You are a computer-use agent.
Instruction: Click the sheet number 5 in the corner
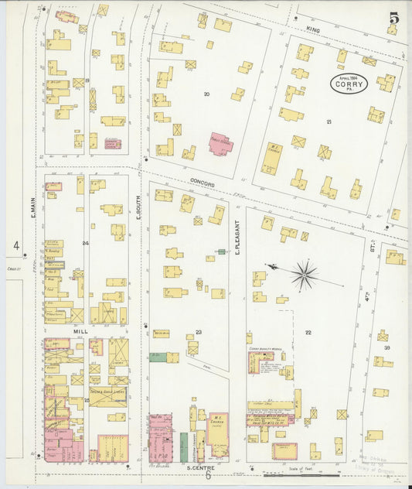(x=394, y=17)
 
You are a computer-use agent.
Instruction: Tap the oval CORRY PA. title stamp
(x=349, y=84)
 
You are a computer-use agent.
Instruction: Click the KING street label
(x=312, y=29)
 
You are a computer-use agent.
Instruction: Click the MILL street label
(x=81, y=330)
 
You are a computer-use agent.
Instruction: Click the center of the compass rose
(x=304, y=274)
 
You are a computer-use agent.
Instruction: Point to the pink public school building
(x=221, y=143)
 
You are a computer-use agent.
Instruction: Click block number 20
(x=206, y=94)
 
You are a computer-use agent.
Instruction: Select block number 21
(x=329, y=122)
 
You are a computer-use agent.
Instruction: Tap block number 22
(x=308, y=333)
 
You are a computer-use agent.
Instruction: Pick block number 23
(x=199, y=332)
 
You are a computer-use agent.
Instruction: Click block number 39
(x=387, y=349)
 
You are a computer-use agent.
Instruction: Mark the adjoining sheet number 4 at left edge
(x=15, y=245)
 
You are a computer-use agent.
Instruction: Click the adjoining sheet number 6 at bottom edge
(x=207, y=476)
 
